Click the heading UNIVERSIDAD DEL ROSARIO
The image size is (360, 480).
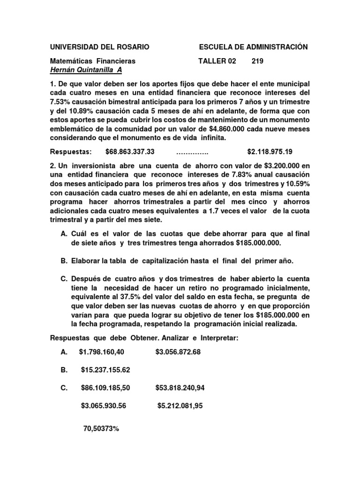(x=100, y=47)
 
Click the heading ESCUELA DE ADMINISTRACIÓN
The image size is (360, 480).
(x=253, y=47)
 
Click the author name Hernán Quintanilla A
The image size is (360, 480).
(x=86, y=70)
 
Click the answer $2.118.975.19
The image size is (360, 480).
(x=276, y=152)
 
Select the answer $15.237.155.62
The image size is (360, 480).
(x=105, y=370)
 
